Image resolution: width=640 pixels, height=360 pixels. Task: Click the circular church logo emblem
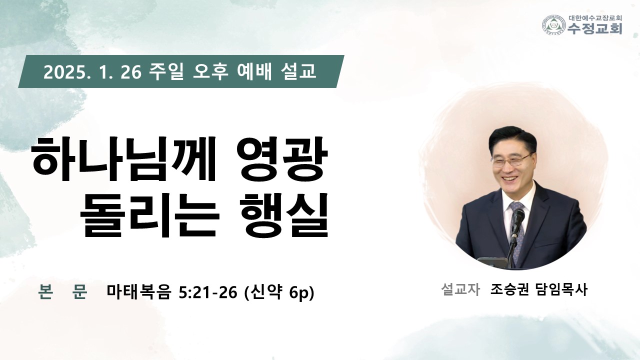point(554,25)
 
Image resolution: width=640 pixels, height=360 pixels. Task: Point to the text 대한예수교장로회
point(595,18)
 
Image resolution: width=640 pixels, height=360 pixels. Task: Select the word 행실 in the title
point(284,216)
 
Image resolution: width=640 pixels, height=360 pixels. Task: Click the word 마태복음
point(139,292)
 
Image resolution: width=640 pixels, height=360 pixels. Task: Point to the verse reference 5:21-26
point(208,292)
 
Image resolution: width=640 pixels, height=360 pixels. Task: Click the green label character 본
point(45,291)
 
